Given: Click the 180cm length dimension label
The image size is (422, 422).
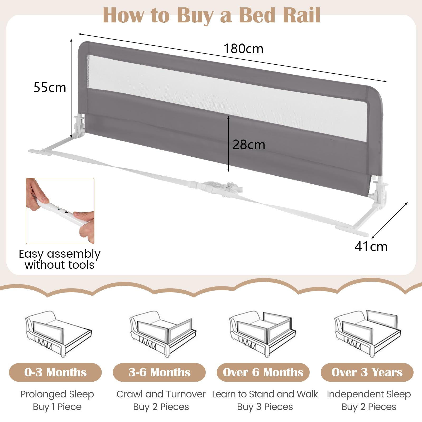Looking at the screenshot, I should pos(243,49).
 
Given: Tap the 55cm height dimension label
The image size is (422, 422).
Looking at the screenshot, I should pos(50,88).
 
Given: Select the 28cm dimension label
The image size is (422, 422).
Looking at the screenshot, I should pos(249,145).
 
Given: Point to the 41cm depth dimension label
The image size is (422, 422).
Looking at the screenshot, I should pos(371,247).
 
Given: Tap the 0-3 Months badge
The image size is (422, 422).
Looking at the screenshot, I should pos(55,372).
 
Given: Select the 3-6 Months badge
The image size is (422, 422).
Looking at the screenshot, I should pos(159,372).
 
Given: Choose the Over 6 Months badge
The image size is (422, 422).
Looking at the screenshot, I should pos(263,372).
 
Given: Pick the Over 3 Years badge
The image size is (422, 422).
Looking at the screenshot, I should pos(367,372).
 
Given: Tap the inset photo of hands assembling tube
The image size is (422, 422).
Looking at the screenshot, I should pos(60,211).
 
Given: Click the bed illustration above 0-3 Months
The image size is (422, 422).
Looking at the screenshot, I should pos(58,334).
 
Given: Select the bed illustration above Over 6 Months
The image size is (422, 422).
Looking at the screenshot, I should pos(262,334).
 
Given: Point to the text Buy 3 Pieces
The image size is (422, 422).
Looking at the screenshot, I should pos(265,407).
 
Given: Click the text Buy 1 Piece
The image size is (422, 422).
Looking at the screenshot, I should pos(57,407).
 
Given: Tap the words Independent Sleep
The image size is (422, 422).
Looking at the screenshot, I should pos(369,394).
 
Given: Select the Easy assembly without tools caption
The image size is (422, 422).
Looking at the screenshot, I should pos(60,260).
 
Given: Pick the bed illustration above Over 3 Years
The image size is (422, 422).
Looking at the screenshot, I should pos(367,334).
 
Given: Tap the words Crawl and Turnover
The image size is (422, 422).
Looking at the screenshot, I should pos(161,394).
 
